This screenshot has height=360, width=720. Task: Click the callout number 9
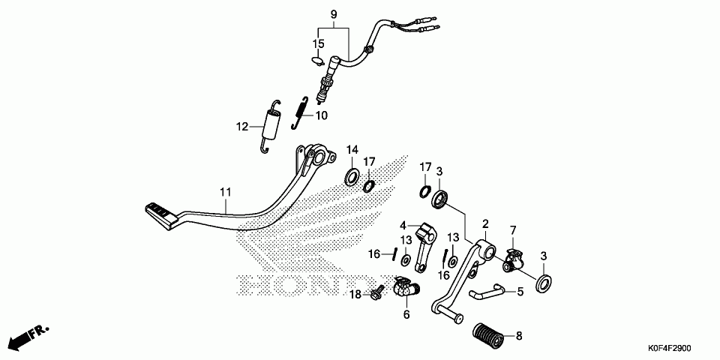[x=334, y=14]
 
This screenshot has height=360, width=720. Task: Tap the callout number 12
[x=242, y=127]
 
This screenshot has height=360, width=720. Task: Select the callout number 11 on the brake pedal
[x=225, y=193]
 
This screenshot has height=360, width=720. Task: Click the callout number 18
[x=356, y=295]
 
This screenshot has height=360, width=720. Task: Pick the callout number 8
[x=518, y=336]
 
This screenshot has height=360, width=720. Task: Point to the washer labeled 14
[x=351, y=178]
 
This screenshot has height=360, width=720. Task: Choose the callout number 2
[x=485, y=223]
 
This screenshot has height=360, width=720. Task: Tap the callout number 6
[x=406, y=315]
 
